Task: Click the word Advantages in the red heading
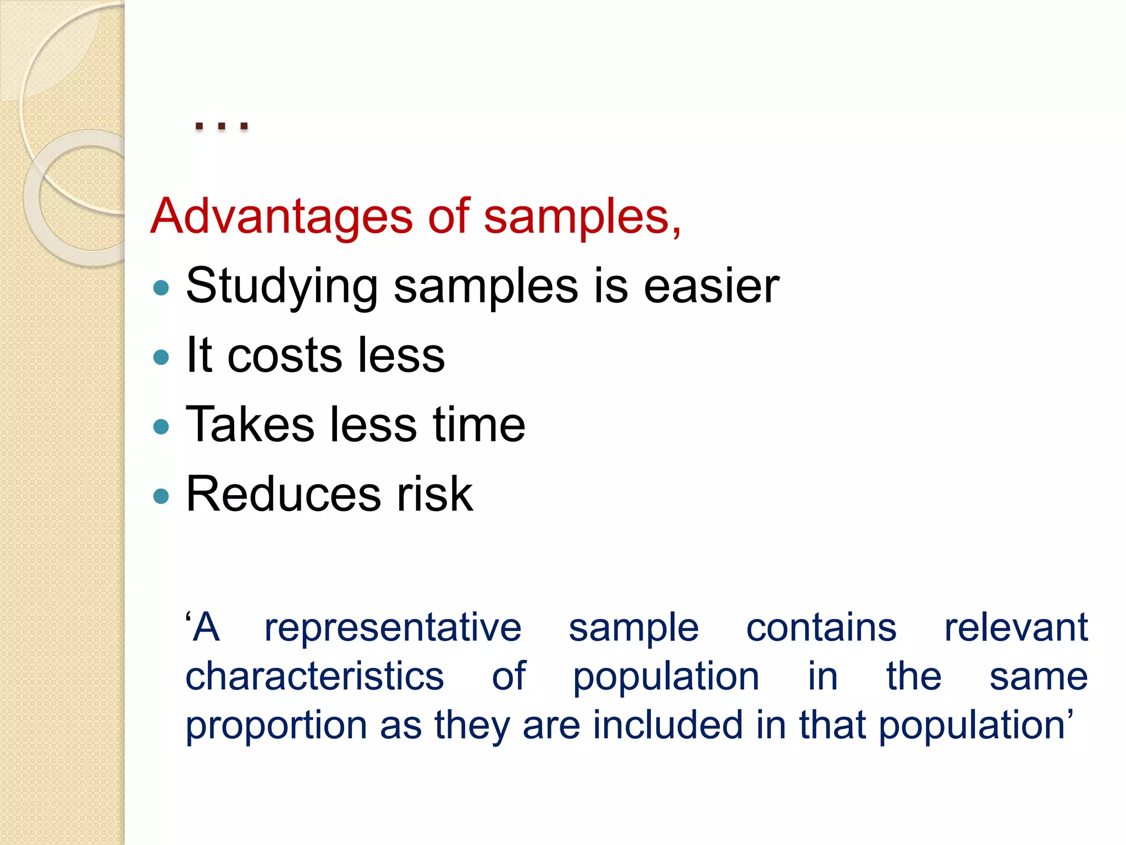(281, 217)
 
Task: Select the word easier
(711, 286)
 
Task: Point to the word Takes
(250, 424)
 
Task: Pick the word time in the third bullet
(479, 424)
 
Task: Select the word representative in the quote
(393, 628)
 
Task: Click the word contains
(821, 627)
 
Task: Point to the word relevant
(1015, 627)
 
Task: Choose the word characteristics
(314, 676)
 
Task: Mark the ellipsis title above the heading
(222, 126)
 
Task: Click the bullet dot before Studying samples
(161, 288)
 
